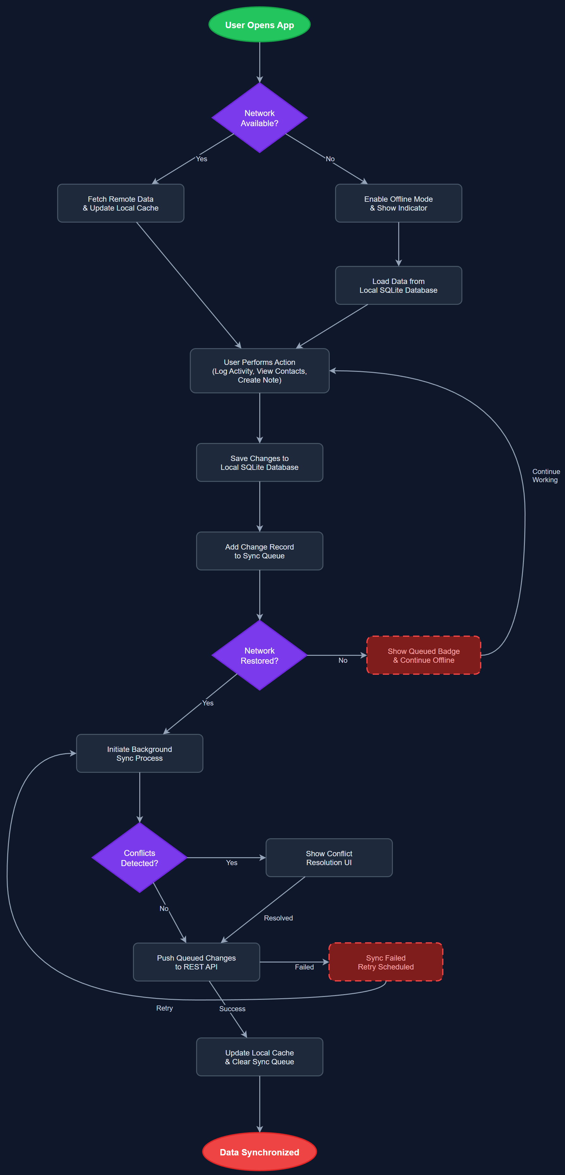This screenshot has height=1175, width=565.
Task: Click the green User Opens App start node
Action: point(259,25)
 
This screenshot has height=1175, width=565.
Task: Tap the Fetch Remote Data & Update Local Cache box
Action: point(120,203)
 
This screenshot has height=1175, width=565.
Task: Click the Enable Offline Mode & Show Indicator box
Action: point(398,203)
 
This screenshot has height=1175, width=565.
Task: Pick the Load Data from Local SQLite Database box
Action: point(398,286)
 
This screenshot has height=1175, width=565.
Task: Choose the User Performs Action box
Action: point(259,371)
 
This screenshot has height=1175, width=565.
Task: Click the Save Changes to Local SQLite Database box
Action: point(259,463)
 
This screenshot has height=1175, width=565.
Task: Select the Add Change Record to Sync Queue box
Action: point(259,551)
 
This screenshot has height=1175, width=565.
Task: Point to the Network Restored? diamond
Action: point(259,655)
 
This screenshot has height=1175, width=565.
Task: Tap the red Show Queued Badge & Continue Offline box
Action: point(423,655)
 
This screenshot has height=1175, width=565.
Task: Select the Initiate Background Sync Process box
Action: point(139,754)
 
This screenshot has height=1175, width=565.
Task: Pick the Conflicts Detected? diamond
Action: point(139,858)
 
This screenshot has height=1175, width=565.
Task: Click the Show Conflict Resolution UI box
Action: point(329,858)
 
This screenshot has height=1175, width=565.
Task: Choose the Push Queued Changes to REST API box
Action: point(196,962)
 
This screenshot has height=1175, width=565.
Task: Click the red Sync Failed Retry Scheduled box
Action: point(386,962)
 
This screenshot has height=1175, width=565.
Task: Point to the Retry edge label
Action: point(165,1008)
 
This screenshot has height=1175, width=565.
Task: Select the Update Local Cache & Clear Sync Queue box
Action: point(259,1057)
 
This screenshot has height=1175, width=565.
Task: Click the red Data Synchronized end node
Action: point(259,1152)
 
